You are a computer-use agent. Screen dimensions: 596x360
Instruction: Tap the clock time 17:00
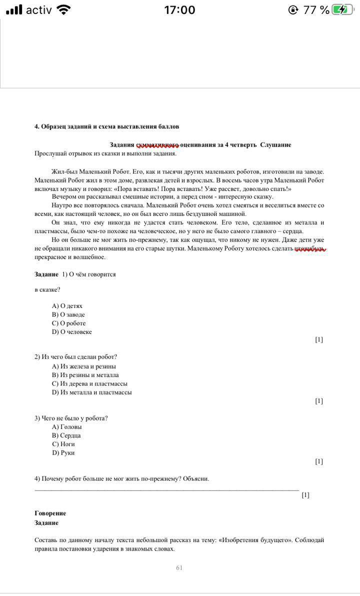pyautogui.click(x=179, y=10)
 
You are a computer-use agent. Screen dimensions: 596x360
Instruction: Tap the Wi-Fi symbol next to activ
pyautogui.click(x=64, y=10)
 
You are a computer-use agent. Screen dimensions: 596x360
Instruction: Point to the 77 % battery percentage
pyautogui.click(x=316, y=10)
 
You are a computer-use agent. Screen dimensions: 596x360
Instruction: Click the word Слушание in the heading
pyautogui.click(x=275, y=145)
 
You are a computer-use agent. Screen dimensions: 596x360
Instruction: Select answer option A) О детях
pyautogui.click(x=67, y=306)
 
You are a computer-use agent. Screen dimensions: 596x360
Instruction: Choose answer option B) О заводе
pyautogui.click(x=68, y=314)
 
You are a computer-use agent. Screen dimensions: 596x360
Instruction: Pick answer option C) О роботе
pyautogui.click(x=69, y=323)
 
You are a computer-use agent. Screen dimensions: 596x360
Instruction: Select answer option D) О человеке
pyautogui.click(x=72, y=332)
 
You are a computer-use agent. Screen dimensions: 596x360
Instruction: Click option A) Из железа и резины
pyautogui.click(x=84, y=366)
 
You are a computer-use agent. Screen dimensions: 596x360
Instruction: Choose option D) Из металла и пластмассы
pyautogui.click(x=92, y=392)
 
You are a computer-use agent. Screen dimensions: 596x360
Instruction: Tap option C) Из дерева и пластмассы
pyautogui.click(x=89, y=383)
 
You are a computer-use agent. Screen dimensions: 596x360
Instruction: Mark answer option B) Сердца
pyautogui.click(x=66, y=435)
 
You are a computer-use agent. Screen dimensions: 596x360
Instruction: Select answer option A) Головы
pyautogui.click(x=67, y=427)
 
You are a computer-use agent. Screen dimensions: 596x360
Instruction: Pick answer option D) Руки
pyautogui.click(x=63, y=453)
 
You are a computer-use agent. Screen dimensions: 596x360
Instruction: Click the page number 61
pyautogui.click(x=179, y=568)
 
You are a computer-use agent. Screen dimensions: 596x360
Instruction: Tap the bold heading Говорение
pyautogui.click(x=50, y=513)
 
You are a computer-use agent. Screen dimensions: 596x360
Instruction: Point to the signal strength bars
pyautogui.click(x=14, y=10)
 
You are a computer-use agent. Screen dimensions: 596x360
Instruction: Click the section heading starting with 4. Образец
pyautogui.click(x=106, y=126)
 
